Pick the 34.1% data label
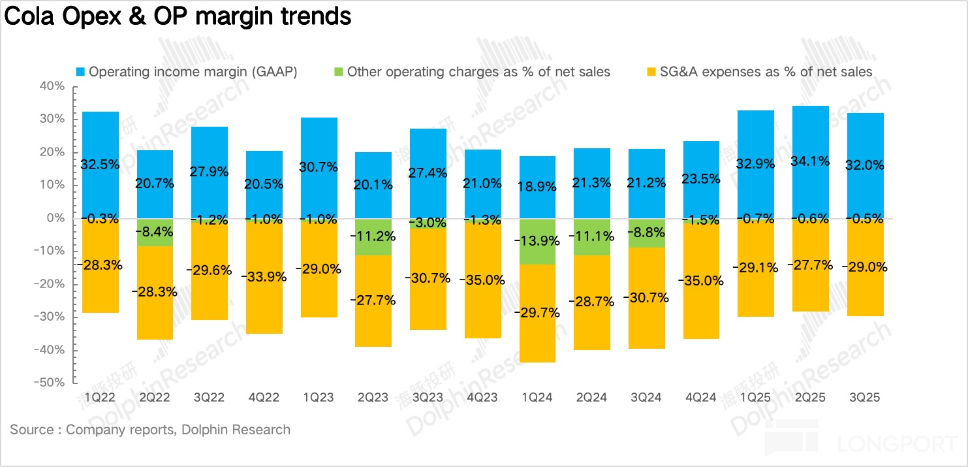tap(810, 161)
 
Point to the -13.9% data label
tap(537, 240)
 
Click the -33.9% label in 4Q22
tap(264, 276)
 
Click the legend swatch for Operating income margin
tap(80, 72)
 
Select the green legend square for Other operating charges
tap(339, 72)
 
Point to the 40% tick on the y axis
tap(52, 86)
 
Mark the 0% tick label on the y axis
tap(55, 218)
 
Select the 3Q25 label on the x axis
tap(865, 397)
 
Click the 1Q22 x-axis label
tap(101, 397)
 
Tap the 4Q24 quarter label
tap(701, 397)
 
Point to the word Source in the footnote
tap(31, 430)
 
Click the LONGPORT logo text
tap(897, 444)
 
